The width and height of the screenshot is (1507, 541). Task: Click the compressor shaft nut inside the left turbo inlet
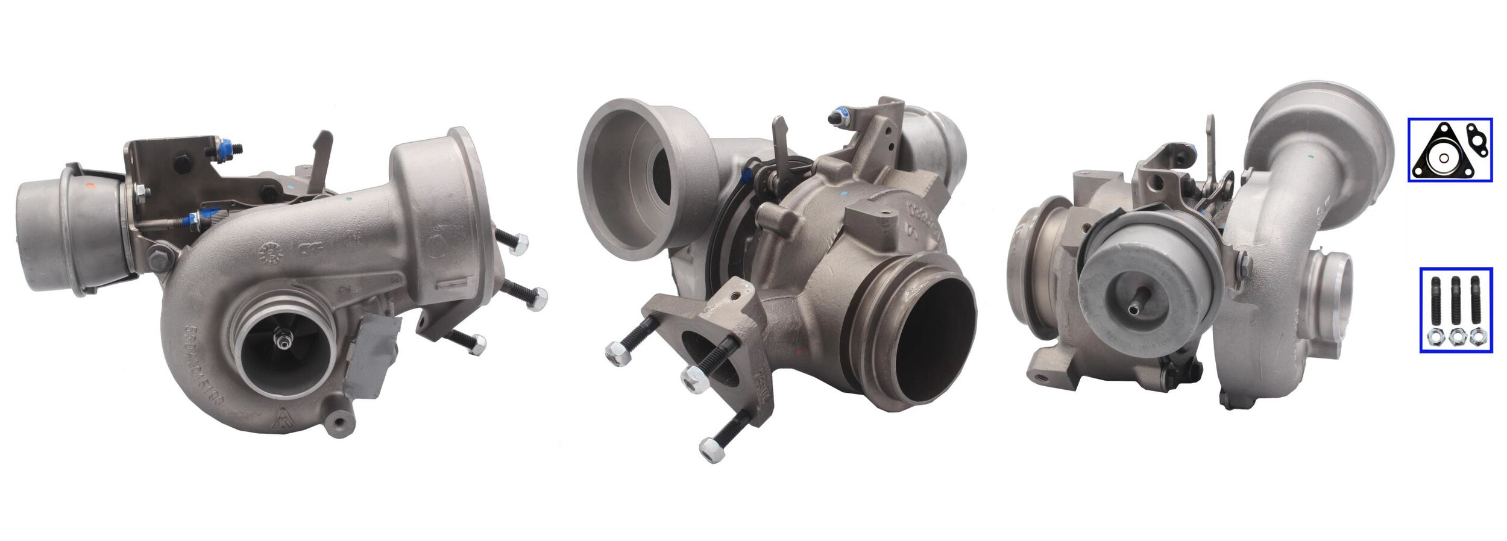pos(281,341)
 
